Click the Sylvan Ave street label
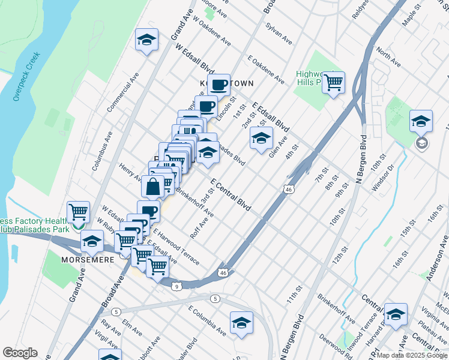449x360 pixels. [279, 35]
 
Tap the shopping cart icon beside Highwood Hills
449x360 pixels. [333, 82]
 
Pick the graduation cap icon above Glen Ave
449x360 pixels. [261, 139]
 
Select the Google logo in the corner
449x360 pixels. [20, 352]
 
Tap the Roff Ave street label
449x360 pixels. [199, 227]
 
